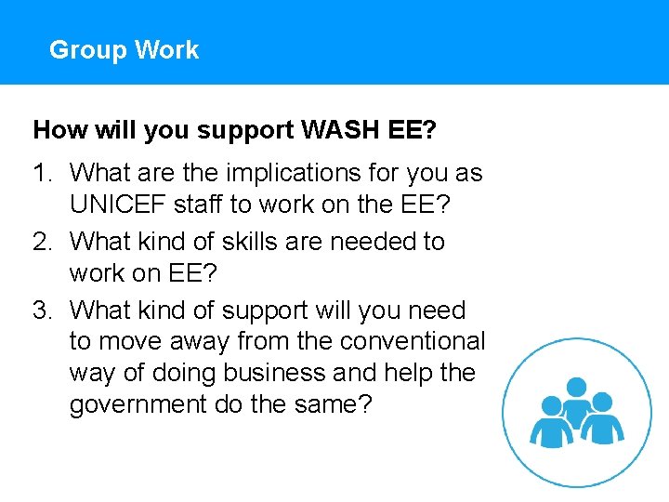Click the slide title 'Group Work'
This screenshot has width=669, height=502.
[x=124, y=49]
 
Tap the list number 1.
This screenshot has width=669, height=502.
[x=41, y=173]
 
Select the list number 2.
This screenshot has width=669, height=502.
[x=41, y=242]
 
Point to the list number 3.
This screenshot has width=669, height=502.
[x=41, y=310]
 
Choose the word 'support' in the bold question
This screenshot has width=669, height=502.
[x=243, y=130]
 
